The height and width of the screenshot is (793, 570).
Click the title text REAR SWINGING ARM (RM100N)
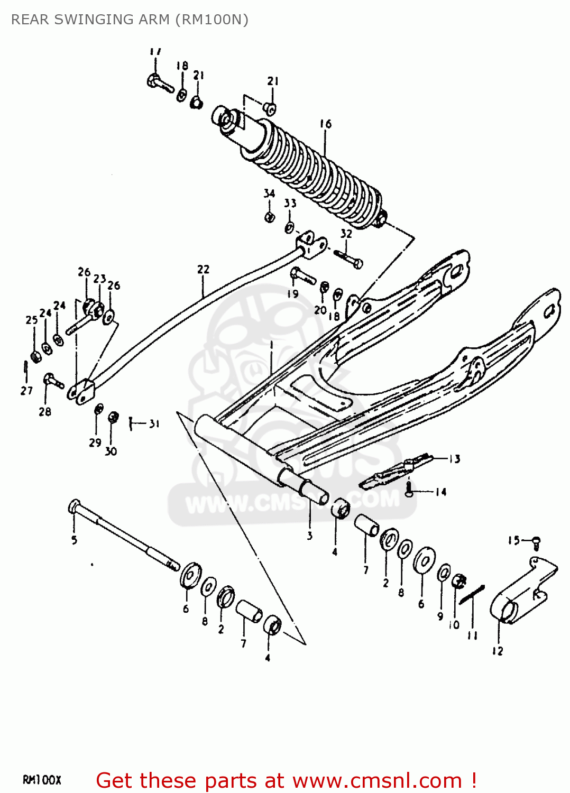click(x=130, y=20)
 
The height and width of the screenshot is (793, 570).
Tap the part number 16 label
click(x=326, y=124)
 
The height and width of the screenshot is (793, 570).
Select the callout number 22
click(x=203, y=270)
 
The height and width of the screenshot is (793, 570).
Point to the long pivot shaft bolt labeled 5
click(x=122, y=534)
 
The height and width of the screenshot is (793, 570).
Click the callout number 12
click(x=498, y=651)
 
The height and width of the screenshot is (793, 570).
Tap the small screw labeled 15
click(x=536, y=541)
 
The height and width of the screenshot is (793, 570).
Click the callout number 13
click(x=455, y=459)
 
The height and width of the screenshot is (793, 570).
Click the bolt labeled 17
click(x=160, y=84)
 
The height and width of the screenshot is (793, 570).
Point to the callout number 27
click(x=26, y=391)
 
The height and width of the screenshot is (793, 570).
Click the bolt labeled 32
click(x=348, y=259)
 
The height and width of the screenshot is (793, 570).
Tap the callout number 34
click(x=269, y=193)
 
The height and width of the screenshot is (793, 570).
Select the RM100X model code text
click(x=42, y=780)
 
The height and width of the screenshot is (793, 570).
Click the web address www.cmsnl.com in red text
click(x=377, y=780)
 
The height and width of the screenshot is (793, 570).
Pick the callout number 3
click(x=310, y=536)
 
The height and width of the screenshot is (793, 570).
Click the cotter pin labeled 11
click(x=472, y=595)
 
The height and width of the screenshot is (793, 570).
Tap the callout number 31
click(x=154, y=423)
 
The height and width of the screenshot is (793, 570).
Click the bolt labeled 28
click(x=53, y=380)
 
